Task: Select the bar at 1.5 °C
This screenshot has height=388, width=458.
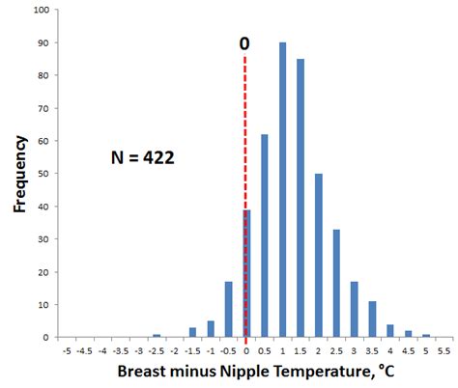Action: click(301, 198)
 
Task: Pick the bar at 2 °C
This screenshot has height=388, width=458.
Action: click(318, 256)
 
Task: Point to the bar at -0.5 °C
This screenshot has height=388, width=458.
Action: click(228, 310)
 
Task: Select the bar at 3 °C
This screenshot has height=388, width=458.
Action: click(354, 310)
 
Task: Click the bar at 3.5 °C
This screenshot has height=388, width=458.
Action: click(372, 319)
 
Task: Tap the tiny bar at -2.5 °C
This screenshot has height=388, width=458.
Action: click(157, 336)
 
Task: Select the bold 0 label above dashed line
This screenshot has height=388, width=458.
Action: click(245, 44)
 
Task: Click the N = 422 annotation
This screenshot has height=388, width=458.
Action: click(142, 157)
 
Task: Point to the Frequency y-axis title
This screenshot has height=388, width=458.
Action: click(19, 174)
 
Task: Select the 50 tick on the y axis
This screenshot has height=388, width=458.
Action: click(46, 174)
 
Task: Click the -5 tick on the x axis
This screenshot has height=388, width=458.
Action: click(67, 351)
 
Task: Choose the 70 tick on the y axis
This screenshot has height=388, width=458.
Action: click(46, 108)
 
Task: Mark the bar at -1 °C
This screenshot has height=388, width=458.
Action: click(211, 329)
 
